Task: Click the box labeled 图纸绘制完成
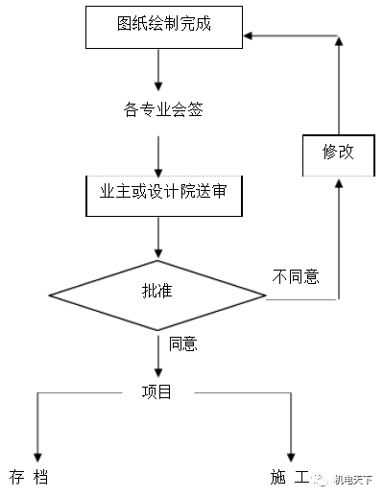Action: pos(162,27)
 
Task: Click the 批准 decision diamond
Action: pos(157,291)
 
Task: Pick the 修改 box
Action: pos(337,154)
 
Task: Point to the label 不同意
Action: pos(296,277)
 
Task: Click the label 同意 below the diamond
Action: pos(182,343)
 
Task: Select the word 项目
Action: pos(156,391)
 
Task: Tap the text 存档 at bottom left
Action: pos(29,477)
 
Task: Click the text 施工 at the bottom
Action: pos(289,477)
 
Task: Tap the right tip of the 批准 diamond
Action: pos(265,291)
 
